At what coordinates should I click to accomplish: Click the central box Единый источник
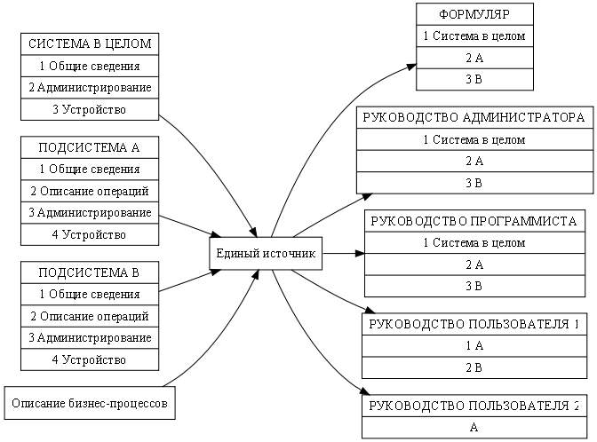[x=266, y=253]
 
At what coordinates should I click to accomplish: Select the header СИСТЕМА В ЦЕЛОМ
[x=90, y=44]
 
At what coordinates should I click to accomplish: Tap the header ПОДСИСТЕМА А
[x=90, y=147]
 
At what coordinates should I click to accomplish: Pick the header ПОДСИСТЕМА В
[x=90, y=272]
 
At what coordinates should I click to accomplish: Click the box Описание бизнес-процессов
[x=90, y=403]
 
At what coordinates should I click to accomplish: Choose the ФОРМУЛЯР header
[x=474, y=14]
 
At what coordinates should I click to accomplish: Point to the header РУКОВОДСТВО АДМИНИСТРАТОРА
[x=474, y=117]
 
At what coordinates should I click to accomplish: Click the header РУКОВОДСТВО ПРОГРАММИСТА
[x=474, y=221]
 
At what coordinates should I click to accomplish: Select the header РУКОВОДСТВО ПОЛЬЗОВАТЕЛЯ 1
[x=474, y=324]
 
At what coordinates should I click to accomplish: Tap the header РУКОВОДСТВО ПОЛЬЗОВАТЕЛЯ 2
[x=474, y=406]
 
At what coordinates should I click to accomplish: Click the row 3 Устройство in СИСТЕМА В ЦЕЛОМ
[x=90, y=109]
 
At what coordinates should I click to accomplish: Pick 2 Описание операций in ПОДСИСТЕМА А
[x=90, y=191]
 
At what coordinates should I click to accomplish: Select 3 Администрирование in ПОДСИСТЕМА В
[x=90, y=338]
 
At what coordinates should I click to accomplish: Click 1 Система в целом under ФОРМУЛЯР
[x=474, y=36]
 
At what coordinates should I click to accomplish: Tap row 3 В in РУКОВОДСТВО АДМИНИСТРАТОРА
[x=474, y=183]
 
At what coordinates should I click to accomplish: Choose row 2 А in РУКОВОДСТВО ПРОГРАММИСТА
[x=474, y=264]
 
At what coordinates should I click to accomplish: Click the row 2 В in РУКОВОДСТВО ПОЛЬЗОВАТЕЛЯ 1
[x=474, y=367]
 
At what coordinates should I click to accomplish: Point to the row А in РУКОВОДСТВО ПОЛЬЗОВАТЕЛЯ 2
[x=474, y=428]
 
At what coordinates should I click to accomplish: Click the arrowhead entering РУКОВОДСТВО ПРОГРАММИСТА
[x=360, y=253]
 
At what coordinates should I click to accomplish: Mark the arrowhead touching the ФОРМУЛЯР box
[x=411, y=67]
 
